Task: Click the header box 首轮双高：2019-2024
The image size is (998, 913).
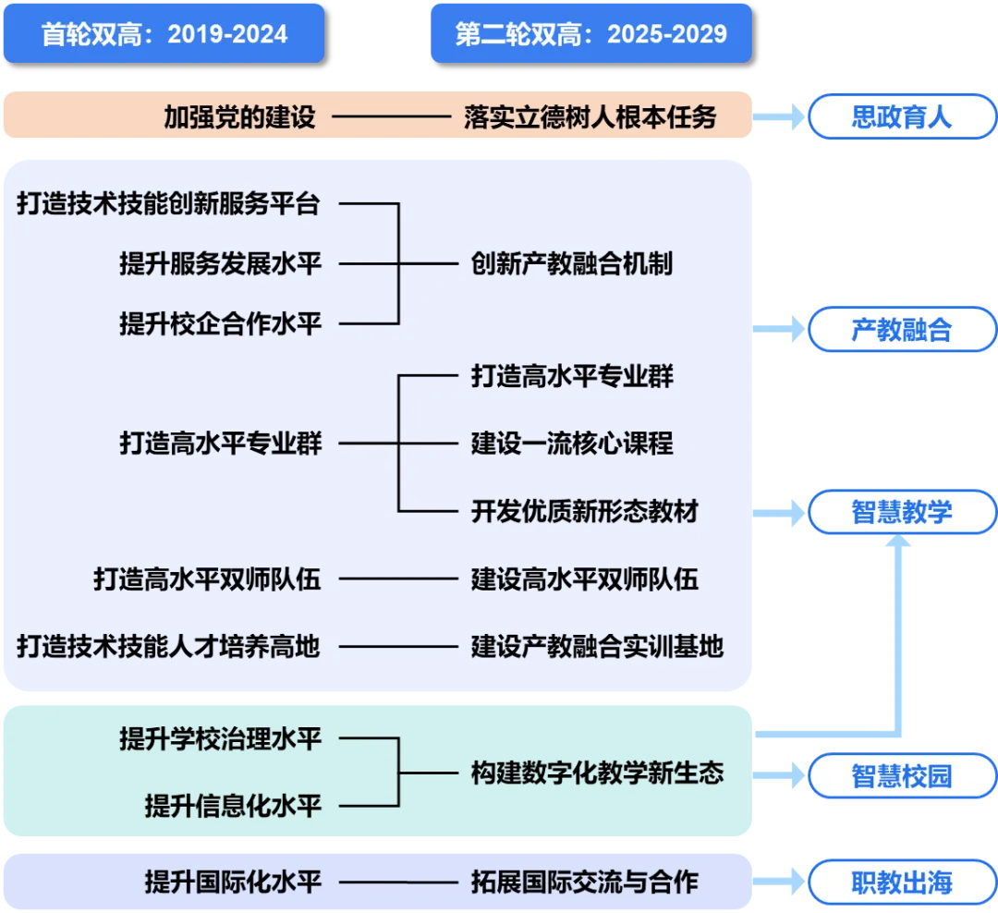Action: point(164,33)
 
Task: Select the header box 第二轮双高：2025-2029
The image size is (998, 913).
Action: point(590,33)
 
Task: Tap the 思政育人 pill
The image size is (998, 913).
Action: point(901,117)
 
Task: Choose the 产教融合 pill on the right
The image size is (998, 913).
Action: point(901,329)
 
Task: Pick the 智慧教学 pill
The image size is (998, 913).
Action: point(901,512)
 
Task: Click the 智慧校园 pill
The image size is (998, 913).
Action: point(901,774)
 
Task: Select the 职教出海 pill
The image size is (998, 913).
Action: point(901,883)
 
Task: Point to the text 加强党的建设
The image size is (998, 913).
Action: point(239,117)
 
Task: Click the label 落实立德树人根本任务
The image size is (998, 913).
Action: point(590,117)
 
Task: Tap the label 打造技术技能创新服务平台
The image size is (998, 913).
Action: point(168,204)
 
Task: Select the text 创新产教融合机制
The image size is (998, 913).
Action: point(571,264)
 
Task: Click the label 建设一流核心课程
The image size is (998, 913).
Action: point(571,444)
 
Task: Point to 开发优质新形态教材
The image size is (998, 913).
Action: point(584,511)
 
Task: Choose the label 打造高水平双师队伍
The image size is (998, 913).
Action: point(206,579)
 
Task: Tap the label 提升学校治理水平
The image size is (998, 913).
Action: point(220,739)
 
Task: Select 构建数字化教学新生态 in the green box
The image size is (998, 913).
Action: point(596,773)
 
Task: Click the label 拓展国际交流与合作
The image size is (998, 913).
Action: point(584,882)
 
